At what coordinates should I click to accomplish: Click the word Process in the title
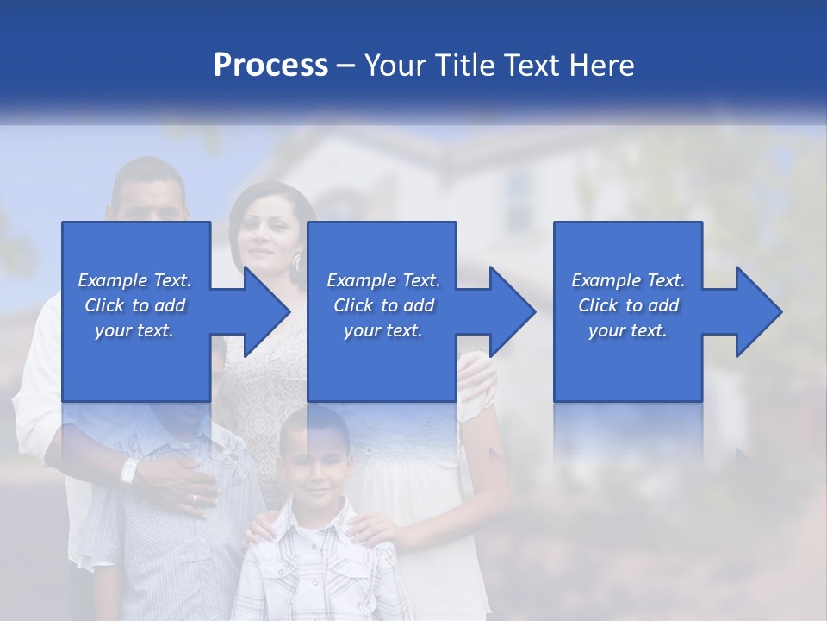[270, 66]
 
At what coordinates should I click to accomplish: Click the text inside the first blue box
[134, 305]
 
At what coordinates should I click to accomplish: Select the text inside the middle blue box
[382, 305]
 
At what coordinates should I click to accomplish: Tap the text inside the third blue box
[627, 305]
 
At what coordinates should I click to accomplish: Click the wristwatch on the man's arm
[130, 470]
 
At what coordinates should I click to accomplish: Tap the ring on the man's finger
[195, 499]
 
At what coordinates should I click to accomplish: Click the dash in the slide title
[346, 66]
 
